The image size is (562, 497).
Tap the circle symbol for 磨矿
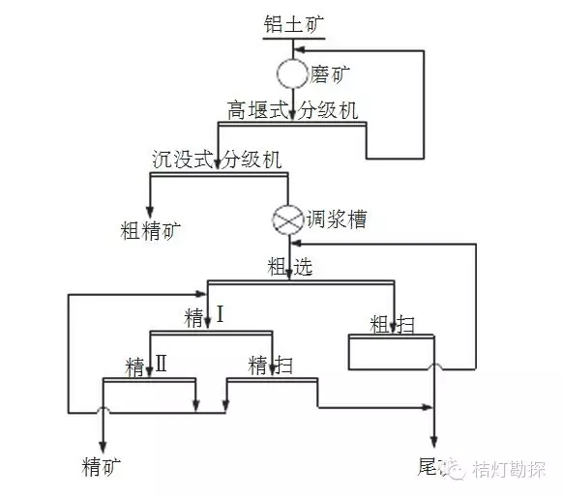292,73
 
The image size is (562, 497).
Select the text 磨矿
329,72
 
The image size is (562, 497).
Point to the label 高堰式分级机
292,110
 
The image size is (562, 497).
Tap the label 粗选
290,268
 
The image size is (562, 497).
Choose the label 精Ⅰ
204,316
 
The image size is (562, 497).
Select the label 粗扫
392,324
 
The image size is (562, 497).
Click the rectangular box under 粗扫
392,351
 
